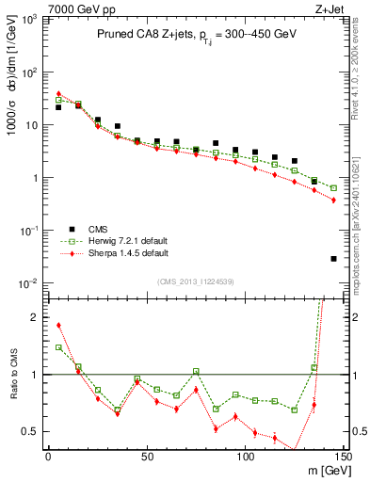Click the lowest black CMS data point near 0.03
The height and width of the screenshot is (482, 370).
pyautogui.click(x=333, y=258)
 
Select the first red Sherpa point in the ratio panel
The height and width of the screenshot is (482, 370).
pyautogui.click(x=58, y=326)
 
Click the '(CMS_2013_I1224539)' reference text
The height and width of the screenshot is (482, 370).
pyautogui.click(x=195, y=281)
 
